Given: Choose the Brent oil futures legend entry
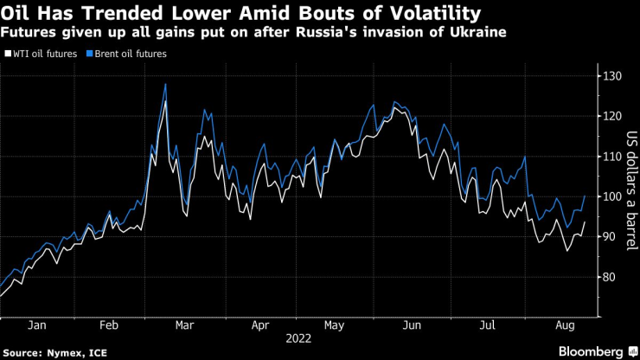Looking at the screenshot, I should pos(129,54).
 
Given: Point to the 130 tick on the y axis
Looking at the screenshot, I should pos(614,77).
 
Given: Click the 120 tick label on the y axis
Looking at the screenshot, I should pos(614,117).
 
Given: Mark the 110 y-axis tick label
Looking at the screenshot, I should pos(614,157).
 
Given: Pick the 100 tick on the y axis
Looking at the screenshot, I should pos(614,196).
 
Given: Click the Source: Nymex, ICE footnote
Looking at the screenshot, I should pos(49,352).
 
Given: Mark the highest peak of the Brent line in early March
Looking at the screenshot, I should pos(164,84).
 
